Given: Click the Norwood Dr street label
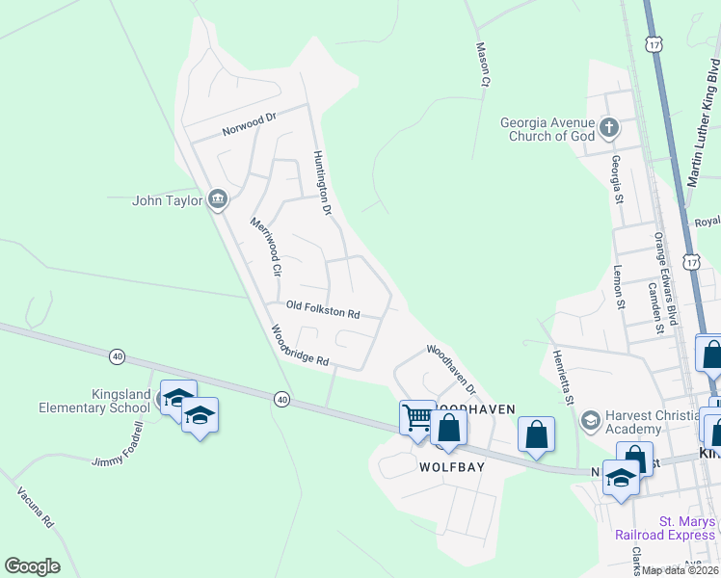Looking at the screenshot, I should [x=249, y=123].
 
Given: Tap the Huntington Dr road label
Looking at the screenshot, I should [x=322, y=182].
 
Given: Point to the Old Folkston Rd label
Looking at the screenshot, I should [x=323, y=310].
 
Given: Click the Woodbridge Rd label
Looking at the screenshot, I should [x=300, y=347].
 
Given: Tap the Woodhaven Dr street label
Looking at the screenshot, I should [x=451, y=370].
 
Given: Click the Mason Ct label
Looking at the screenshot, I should [x=482, y=64].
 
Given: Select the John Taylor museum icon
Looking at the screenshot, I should [x=218, y=199].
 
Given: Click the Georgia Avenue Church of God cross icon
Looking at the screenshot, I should [x=609, y=126].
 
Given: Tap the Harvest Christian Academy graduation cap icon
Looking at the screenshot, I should [x=590, y=420].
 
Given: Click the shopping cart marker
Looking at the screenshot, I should [x=417, y=418].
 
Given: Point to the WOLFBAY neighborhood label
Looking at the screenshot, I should [x=450, y=466].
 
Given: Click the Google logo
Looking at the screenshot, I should [x=32, y=566].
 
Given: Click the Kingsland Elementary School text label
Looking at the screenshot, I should [x=94, y=402].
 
